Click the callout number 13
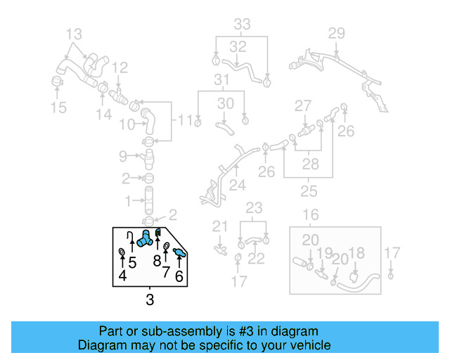click(x=74, y=33)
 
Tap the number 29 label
click(x=337, y=32)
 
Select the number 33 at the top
click(x=242, y=25)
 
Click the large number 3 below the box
click(x=149, y=300)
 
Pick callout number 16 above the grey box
click(x=310, y=215)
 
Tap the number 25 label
click(x=307, y=191)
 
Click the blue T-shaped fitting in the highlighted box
click(x=146, y=238)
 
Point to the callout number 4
click(x=123, y=276)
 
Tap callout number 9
click(x=122, y=155)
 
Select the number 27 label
click(x=302, y=106)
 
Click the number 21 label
click(x=221, y=226)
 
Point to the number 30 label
click(x=225, y=103)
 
